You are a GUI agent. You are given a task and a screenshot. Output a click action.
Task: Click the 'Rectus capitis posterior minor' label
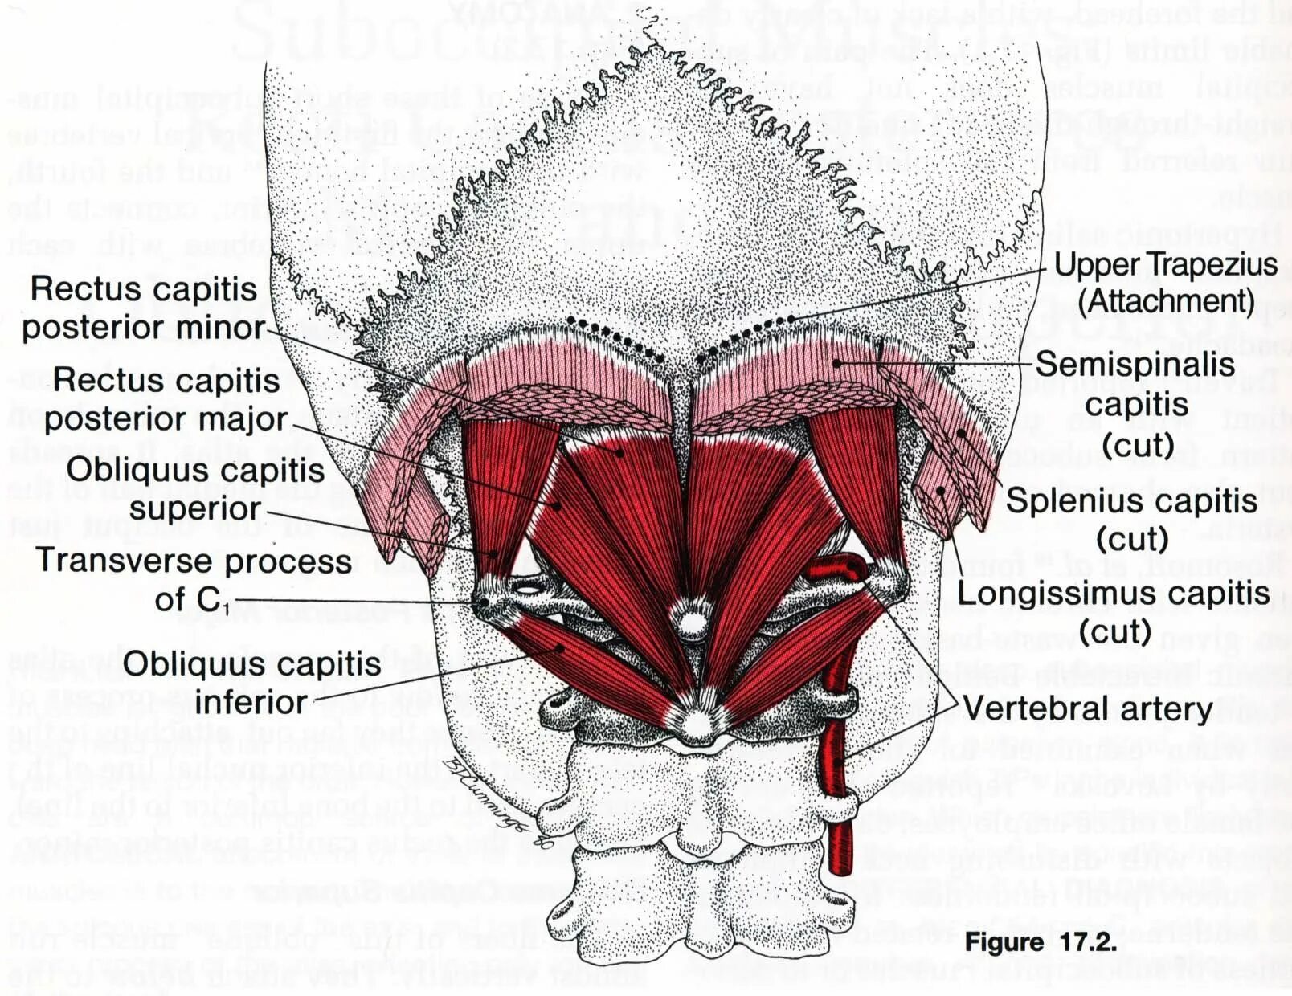coord(143,308)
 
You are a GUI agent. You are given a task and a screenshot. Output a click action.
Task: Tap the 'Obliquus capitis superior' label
coord(195,488)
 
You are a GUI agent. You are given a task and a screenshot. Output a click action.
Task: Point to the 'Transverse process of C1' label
coord(194,579)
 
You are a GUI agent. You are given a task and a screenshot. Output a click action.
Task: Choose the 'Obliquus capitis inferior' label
coord(251,683)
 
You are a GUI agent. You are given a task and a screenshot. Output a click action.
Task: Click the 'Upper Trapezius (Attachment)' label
coord(1165,282)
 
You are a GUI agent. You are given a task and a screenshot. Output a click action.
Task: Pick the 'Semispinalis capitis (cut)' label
coord(1135,404)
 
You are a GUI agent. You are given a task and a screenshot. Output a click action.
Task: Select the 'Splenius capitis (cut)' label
coord(1131,519)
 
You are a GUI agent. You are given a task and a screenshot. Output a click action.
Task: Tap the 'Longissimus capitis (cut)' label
coord(1114,612)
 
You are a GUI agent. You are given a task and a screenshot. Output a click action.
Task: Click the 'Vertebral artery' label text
coord(1087,708)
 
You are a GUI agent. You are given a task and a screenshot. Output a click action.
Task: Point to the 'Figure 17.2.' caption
coord(1041,941)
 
